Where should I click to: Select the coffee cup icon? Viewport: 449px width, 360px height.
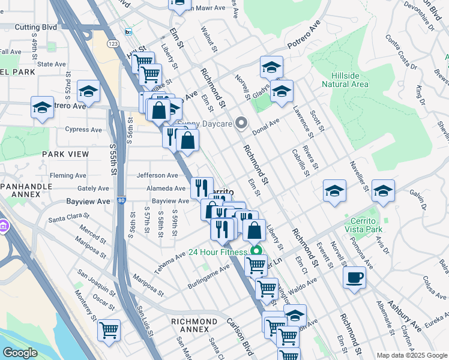click(x=354, y=278)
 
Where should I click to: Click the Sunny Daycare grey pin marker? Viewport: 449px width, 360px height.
click(x=241, y=124)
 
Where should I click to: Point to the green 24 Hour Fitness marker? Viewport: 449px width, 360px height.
click(x=257, y=252)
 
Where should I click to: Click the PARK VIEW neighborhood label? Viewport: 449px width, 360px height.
click(x=65, y=154)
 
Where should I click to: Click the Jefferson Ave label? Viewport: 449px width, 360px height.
click(x=158, y=175)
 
